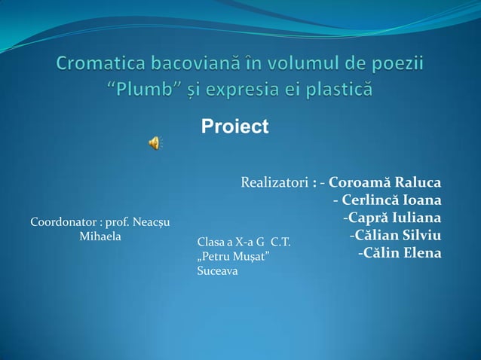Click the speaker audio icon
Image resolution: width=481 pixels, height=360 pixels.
pos(154,143)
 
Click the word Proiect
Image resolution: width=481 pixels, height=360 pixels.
pos(234,127)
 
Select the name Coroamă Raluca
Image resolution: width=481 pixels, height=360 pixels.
pos(385,182)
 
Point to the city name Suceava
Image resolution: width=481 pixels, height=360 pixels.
pos(217,270)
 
